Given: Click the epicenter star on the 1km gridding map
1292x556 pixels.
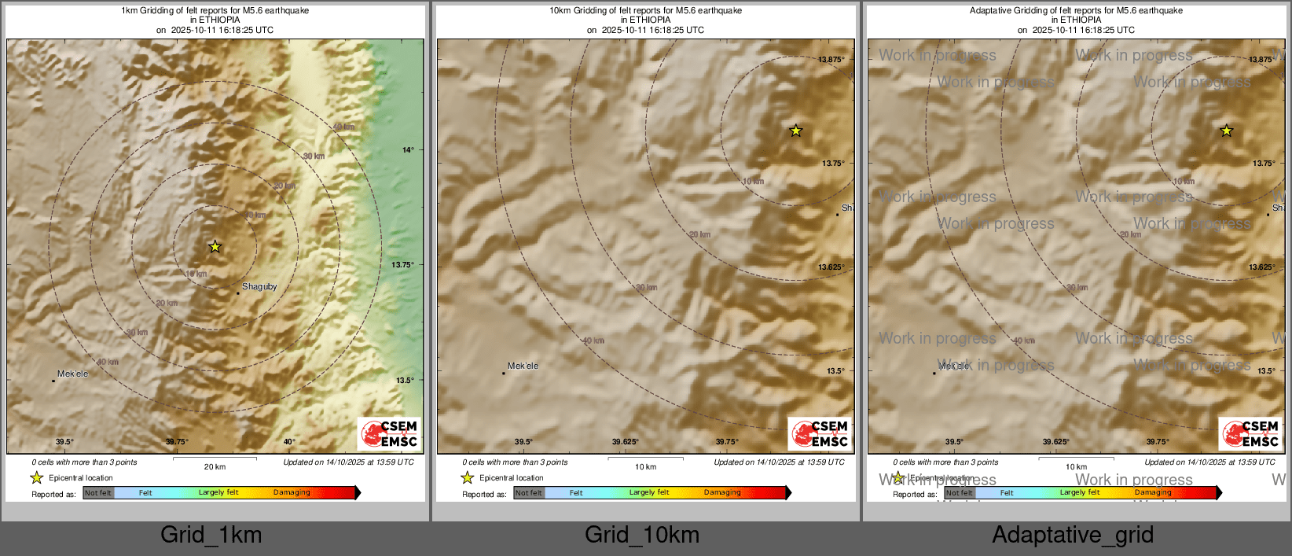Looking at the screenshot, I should coord(215,247).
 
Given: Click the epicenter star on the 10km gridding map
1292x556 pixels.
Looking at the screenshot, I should coord(795,131).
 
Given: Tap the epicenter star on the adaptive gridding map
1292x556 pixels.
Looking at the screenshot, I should coord(1226,131).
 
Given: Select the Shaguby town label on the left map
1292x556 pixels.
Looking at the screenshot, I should coord(259,287).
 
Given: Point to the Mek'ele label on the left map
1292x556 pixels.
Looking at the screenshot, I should coord(72,374).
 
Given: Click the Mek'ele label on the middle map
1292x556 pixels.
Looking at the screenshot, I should coord(523,366).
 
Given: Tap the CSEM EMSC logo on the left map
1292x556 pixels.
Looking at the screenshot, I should coord(389,434).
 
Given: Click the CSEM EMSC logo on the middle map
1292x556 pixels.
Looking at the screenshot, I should coord(820,434).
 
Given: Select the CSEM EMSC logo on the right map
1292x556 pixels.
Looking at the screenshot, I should coord(1250,434).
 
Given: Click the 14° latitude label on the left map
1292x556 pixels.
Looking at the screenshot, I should coord(408,150).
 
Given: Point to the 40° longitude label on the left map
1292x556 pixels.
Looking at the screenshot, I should coord(289,442).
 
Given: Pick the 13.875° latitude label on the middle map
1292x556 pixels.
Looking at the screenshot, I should coord(831,60).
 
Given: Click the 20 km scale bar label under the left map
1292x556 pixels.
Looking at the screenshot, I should coord(215,467).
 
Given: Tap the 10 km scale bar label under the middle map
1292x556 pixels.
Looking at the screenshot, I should coord(645,467).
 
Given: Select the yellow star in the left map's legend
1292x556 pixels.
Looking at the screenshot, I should coord(36,477).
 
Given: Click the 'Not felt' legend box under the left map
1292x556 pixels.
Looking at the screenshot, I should coord(98,493).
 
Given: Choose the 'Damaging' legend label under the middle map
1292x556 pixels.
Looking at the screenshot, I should coord(722,493).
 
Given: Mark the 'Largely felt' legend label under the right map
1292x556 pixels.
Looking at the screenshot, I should coord(1079,493).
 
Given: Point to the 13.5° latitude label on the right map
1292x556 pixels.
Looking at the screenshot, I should coord(1265,371).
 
